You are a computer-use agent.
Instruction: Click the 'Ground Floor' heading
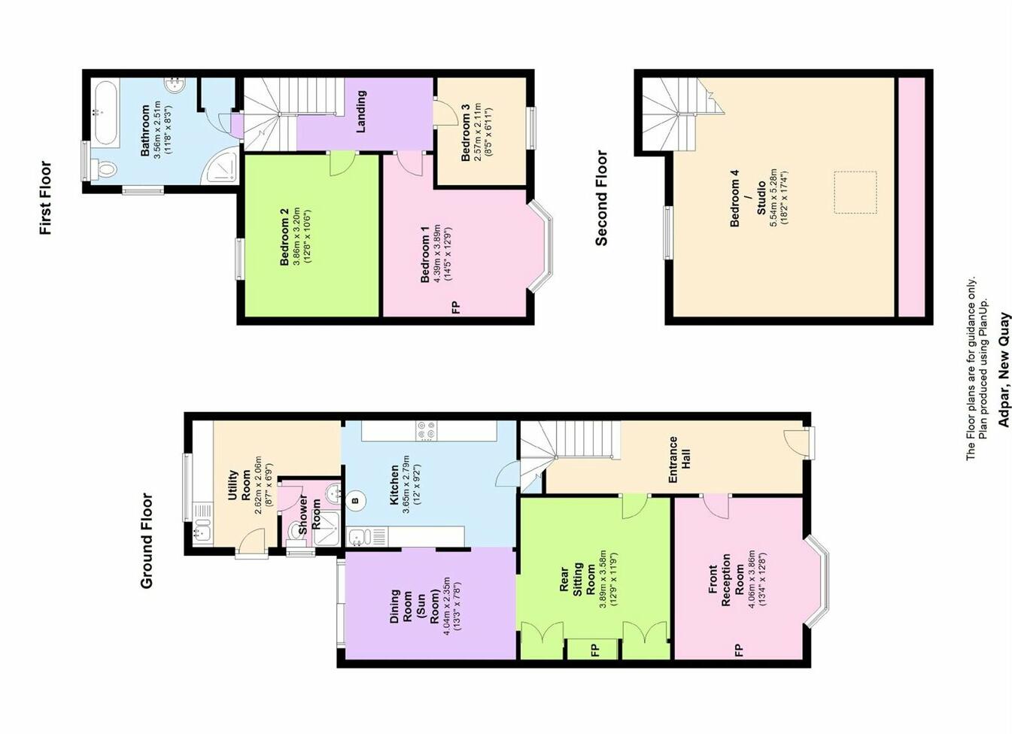[x=147, y=540]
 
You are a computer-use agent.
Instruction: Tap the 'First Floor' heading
[x=45, y=198]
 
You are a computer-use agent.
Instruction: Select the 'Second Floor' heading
[x=601, y=198]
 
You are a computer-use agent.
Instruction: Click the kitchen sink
[x=359, y=537]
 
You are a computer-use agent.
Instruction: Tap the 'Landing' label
[x=360, y=111]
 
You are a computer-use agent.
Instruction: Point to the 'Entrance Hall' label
[x=679, y=460]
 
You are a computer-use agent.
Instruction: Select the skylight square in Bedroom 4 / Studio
[x=855, y=193]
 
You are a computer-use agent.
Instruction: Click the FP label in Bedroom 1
[x=454, y=307]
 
